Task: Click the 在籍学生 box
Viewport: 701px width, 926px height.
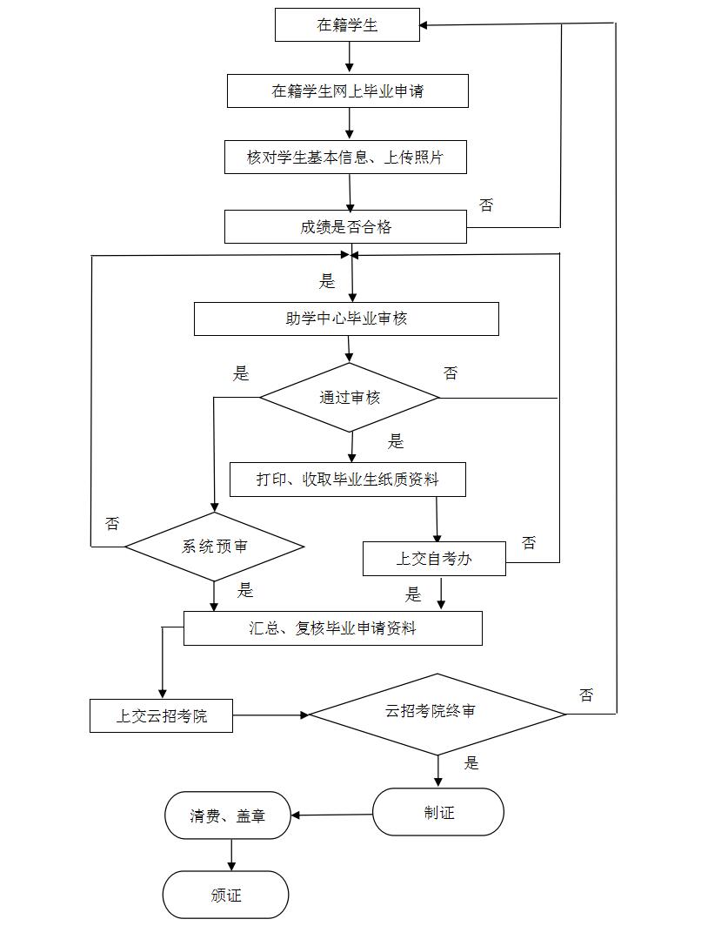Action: click(347, 25)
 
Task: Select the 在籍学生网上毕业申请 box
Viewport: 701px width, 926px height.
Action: click(347, 91)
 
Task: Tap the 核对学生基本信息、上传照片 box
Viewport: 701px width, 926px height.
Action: click(345, 158)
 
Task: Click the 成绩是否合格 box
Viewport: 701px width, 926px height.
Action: click(345, 227)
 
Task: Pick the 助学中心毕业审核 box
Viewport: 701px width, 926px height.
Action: click(346, 319)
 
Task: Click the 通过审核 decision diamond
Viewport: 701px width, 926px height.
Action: click(350, 398)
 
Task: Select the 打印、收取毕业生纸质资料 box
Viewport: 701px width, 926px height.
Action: click(347, 480)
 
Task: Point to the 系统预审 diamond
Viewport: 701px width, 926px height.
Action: click(214, 547)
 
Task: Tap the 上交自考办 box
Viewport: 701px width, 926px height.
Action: click(434, 559)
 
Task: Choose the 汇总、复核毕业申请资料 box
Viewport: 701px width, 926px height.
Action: click(332, 628)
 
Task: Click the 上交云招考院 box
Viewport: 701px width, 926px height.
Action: click(162, 716)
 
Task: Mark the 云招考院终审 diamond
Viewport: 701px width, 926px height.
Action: click(437, 713)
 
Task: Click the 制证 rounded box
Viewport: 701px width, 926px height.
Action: click(438, 813)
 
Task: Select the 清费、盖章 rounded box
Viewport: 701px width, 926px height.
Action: click(228, 816)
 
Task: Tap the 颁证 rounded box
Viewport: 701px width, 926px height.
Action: click(225, 895)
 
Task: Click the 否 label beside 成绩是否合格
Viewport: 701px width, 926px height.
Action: click(486, 205)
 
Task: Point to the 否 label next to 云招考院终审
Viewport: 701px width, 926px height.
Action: click(586, 694)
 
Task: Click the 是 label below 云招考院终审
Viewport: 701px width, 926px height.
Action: click(471, 763)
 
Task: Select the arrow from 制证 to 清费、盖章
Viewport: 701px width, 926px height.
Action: click(332, 815)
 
